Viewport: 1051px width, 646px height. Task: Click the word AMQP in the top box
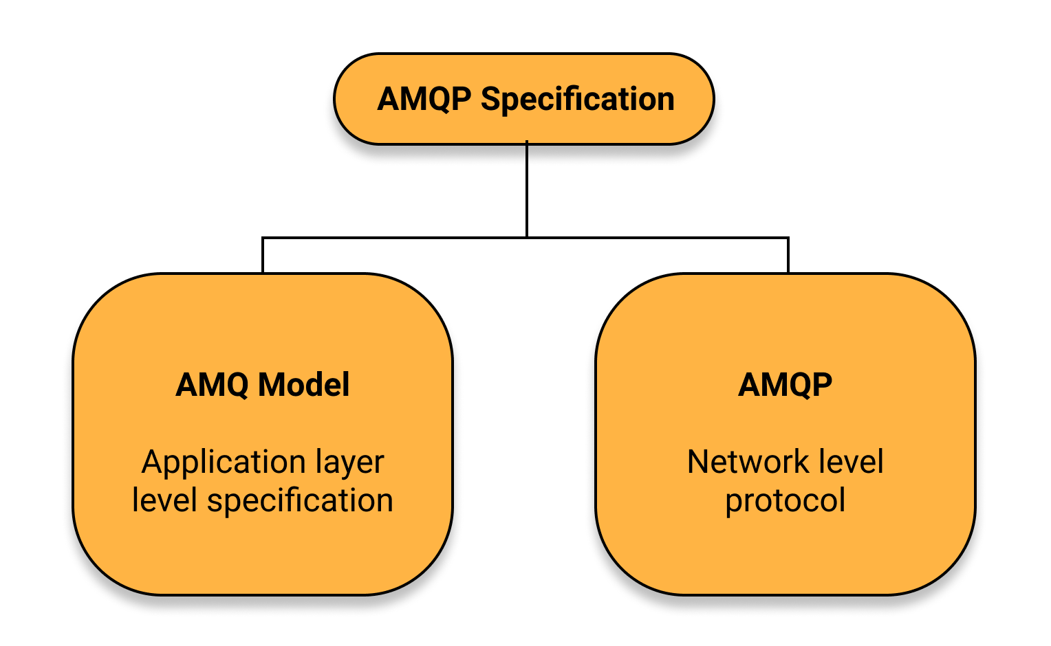424,100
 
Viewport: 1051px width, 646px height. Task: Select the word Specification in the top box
578,100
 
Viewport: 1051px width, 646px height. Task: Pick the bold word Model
304,384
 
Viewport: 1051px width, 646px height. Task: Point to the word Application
224,463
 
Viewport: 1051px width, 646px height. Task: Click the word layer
350,463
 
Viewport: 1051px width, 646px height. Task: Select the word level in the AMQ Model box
164,500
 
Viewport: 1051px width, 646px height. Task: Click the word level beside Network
851,462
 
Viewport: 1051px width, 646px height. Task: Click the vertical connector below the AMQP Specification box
527,190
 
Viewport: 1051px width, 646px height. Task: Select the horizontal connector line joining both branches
525,238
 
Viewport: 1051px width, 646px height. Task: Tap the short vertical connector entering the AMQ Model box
263,256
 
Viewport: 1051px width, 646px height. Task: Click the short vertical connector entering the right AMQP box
788,256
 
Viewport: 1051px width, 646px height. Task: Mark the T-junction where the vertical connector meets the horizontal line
527,238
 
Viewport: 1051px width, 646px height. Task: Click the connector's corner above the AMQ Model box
263,238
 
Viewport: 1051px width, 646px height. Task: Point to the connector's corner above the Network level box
788,238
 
